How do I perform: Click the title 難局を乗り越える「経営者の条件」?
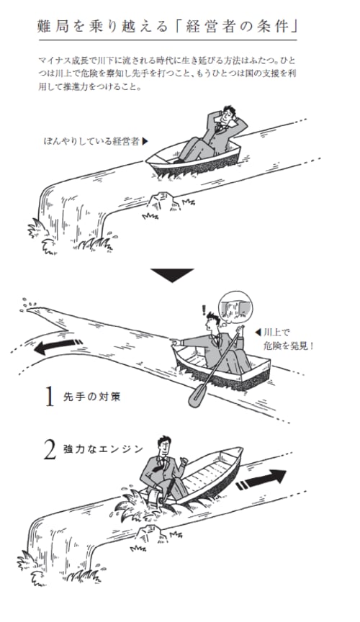click(168, 27)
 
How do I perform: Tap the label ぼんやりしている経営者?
click(91, 141)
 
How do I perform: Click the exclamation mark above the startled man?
click(204, 309)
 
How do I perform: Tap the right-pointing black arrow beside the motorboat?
click(261, 479)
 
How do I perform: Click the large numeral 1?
click(49, 397)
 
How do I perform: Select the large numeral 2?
click(50, 451)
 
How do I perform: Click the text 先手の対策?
click(91, 397)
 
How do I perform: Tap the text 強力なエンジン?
click(103, 449)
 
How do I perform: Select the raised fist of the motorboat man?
click(184, 461)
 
